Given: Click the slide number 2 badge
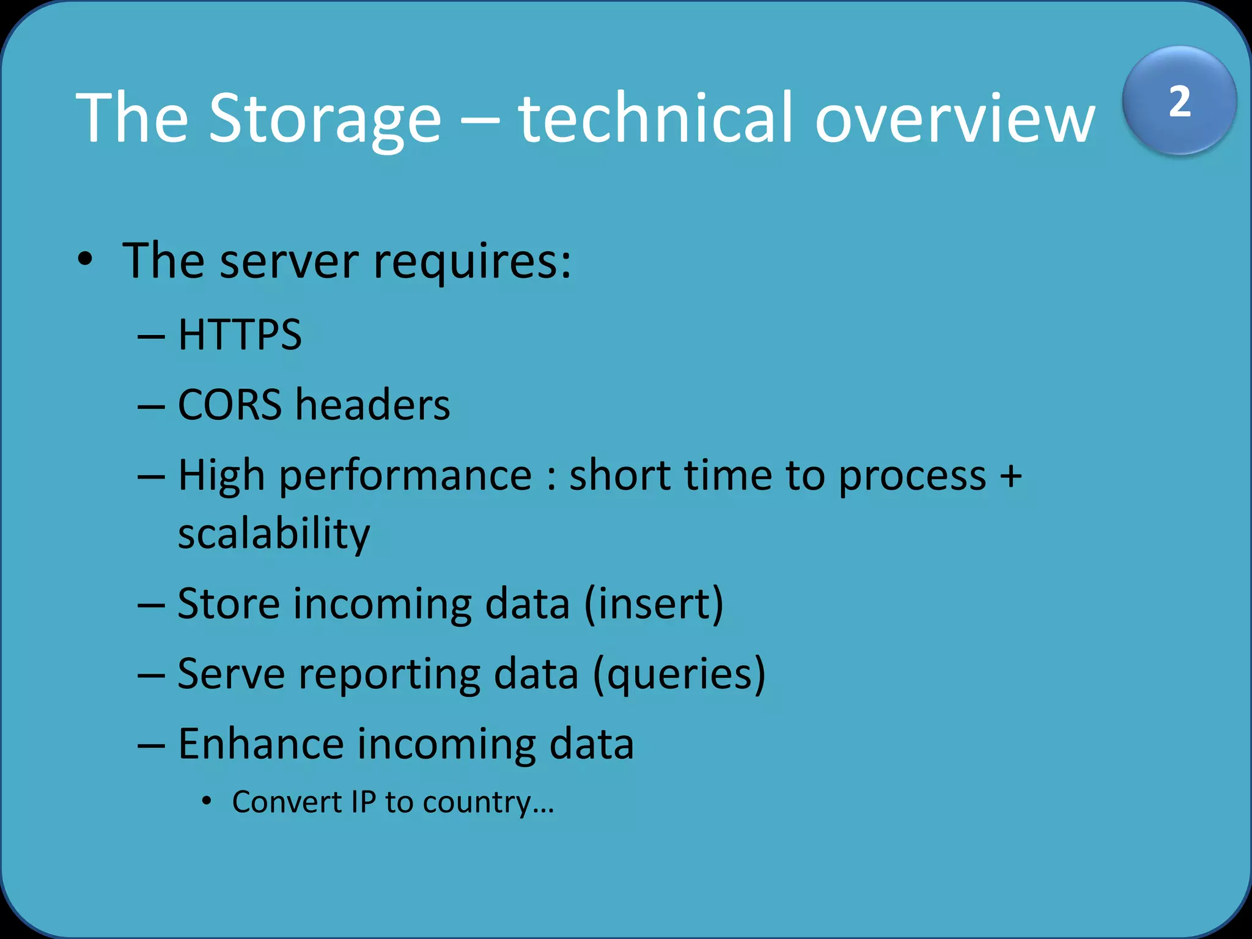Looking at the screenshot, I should click(x=1179, y=101).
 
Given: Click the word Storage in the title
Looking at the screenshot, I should click(x=325, y=117).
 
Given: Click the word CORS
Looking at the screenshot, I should click(x=230, y=405).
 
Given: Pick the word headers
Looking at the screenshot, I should click(x=373, y=405).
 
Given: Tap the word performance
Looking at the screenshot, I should click(x=405, y=476).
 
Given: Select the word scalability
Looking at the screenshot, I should click(x=274, y=534).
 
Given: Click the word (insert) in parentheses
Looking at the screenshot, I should click(x=654, y=604).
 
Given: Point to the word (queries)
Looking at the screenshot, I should click(x=679, y=674).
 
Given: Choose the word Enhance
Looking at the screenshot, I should click(x=260, y=744).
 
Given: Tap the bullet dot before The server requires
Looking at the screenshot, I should click(x=86, y=260).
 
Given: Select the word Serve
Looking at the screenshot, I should click(x=231, y=674).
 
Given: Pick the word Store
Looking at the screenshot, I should click(x=229, y=604).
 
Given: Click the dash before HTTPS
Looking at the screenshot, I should click(x=152, y=336).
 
